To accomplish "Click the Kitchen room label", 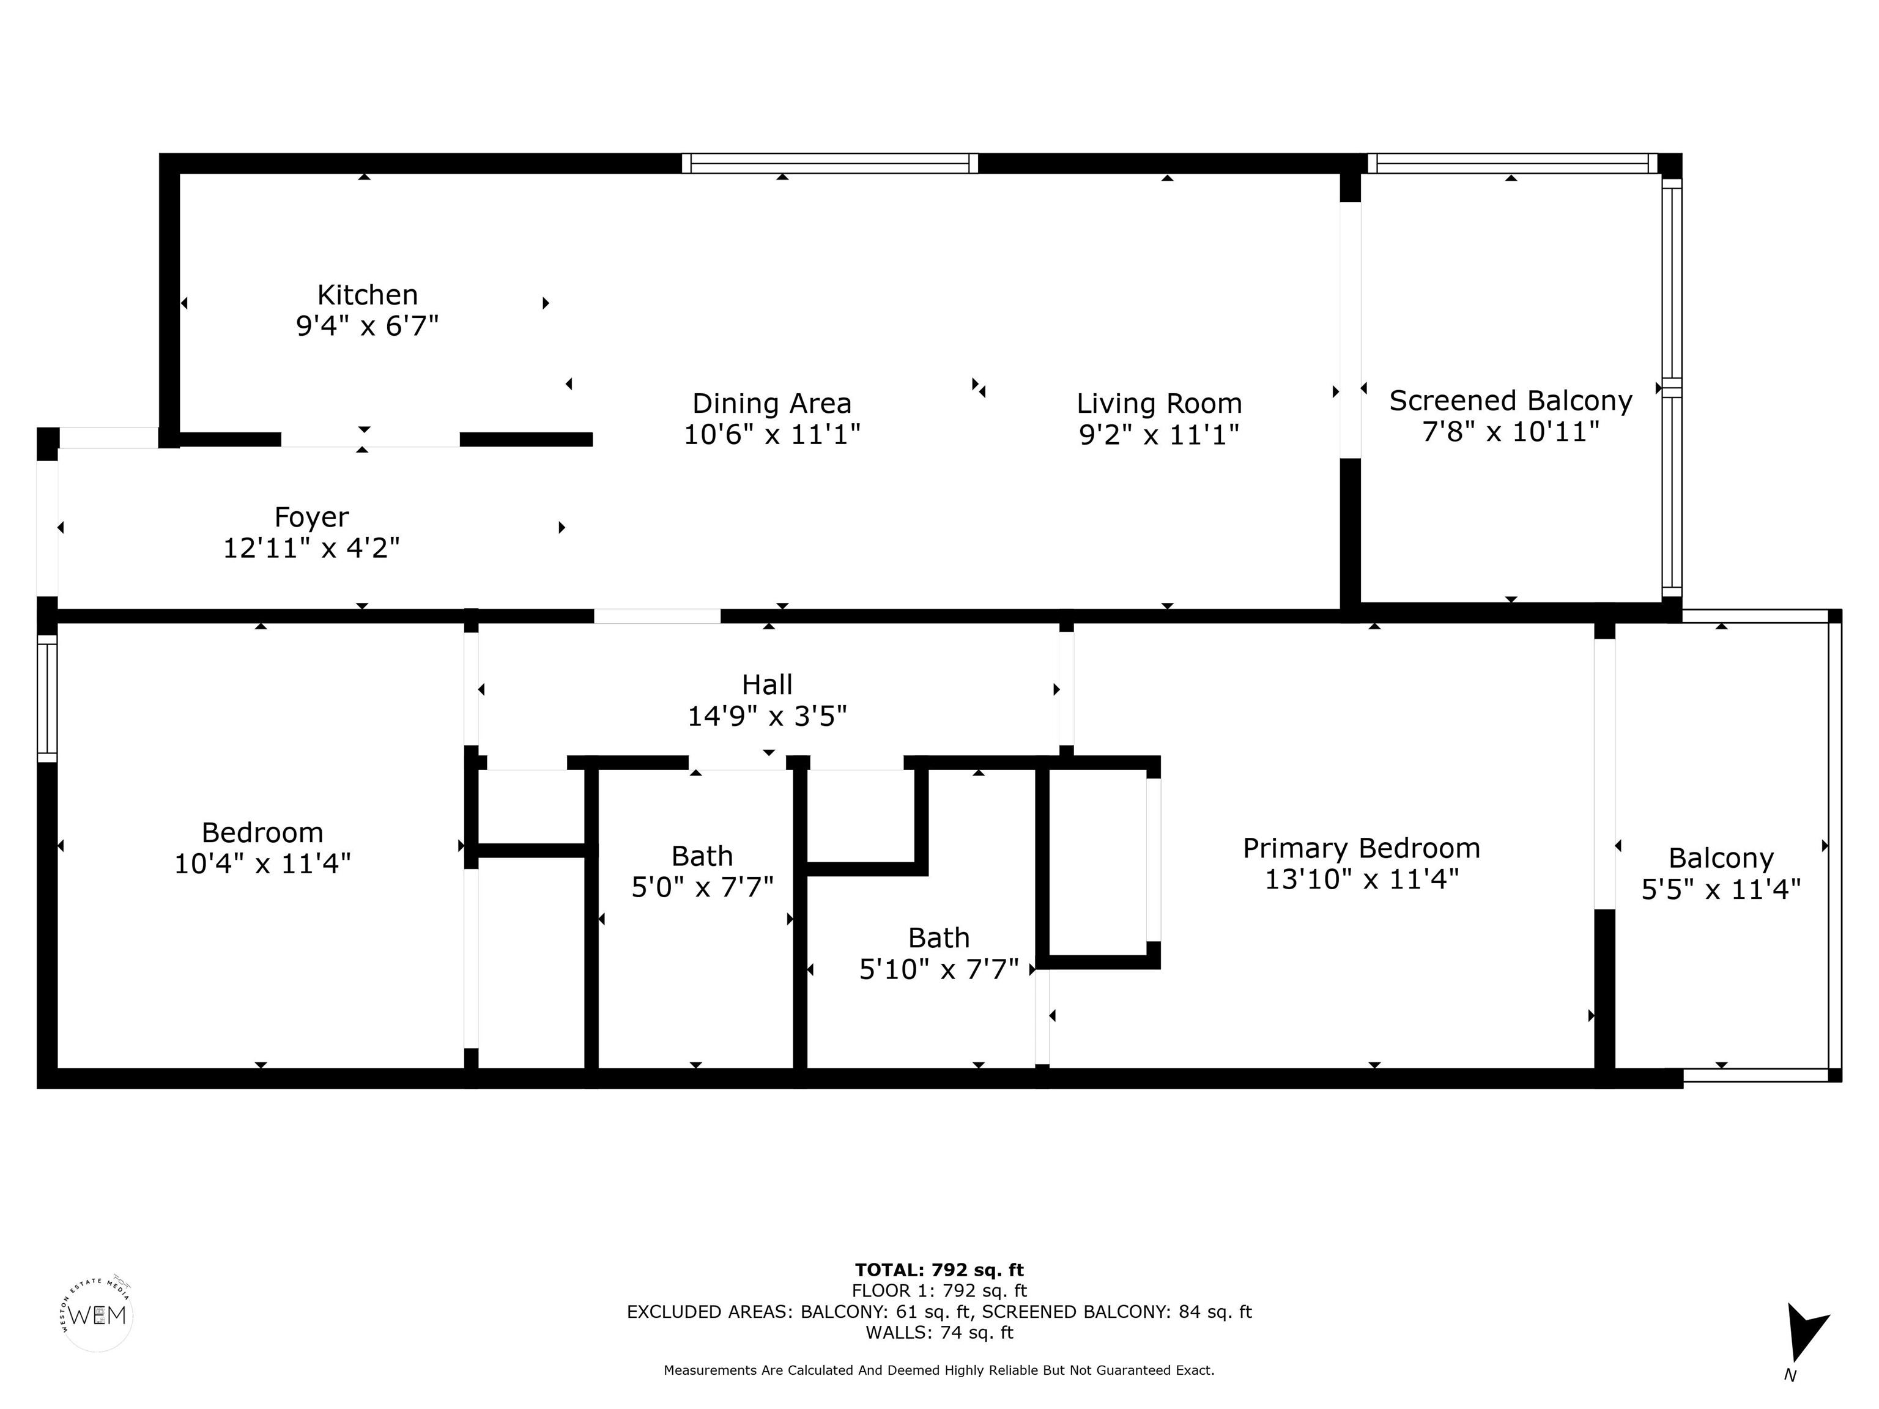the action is click(x=368, y=295).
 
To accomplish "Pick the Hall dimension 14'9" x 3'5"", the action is click(x=767, y=716).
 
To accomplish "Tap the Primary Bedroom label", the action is click(x=1362, y=848).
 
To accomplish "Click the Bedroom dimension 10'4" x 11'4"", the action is click(x=262, y=864).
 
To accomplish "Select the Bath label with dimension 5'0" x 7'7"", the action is click(x=702, y=856).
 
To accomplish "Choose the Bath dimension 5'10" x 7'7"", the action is click(x=939, y=969).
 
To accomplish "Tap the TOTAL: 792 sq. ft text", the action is click(x=939, y=1270).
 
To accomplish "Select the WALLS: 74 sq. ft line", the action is click(x=939, y=1332).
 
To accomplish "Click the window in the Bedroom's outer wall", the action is click(x=46, y=699).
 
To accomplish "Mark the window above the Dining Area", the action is click(x=830, y=163).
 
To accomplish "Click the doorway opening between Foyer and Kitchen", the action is click(x=371, y=440).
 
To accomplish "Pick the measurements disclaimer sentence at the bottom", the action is click(x=939, y=1370).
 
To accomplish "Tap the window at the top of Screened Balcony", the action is click(x=1512, y=163).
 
